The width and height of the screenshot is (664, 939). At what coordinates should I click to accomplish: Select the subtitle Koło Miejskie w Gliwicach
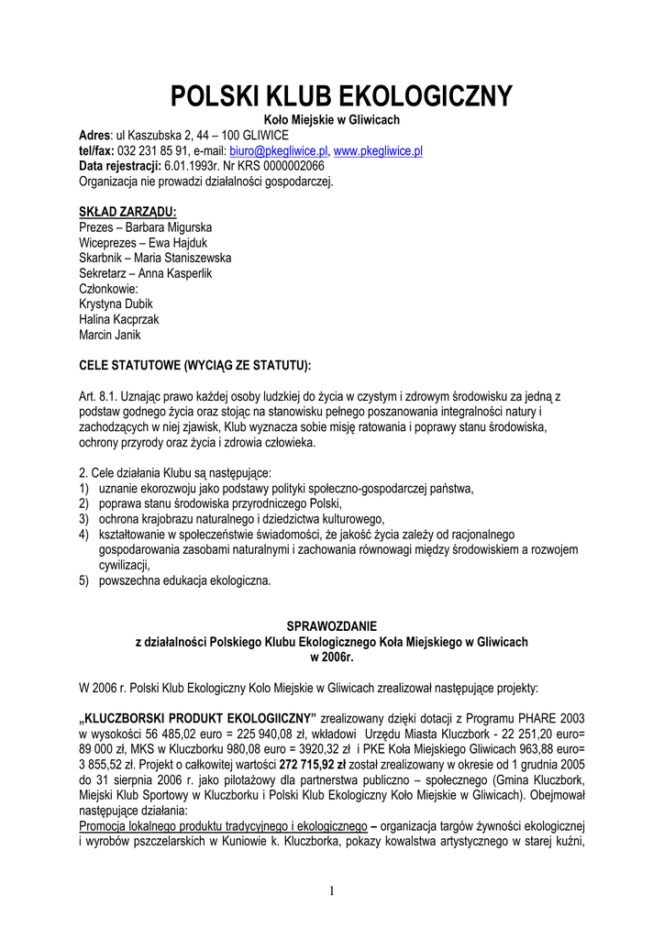tap(331, 120)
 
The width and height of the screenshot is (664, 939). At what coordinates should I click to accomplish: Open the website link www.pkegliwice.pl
tap(378, 150)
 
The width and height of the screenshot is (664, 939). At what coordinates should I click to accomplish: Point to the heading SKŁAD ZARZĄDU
tap(127, 212)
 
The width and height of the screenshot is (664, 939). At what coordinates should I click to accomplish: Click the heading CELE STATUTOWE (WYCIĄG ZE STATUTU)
tap(195, 366)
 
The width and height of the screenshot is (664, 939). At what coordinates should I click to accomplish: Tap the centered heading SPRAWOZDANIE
tap(331, 627)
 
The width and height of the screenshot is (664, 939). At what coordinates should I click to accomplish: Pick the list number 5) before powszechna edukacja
tap(83, 581)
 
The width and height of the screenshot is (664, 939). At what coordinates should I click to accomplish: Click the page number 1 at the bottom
tap(332, 889)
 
